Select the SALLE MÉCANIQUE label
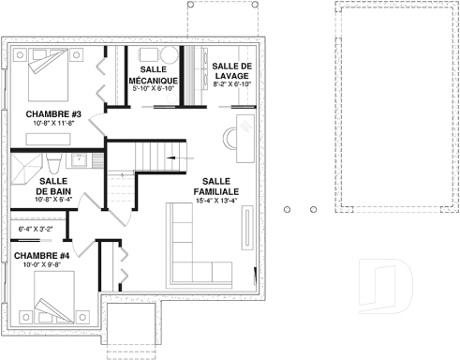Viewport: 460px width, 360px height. coord(154,75)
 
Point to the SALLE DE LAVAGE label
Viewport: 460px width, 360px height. coord(231,70)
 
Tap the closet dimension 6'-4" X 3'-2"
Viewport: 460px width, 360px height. coord(35,228)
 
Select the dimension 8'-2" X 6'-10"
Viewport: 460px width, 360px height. coord(231,84)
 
